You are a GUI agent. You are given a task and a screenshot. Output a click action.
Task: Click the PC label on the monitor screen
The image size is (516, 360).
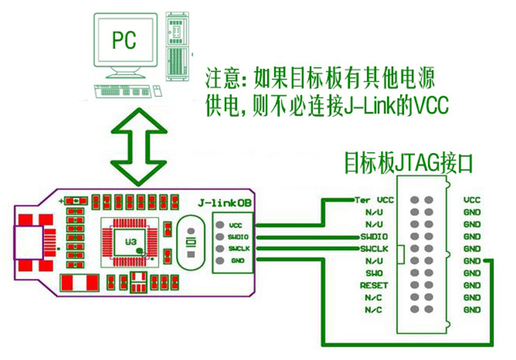pyautogui.click(x=124, y=40)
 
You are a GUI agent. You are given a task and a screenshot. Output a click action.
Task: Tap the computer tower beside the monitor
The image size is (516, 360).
pyautogui.click(x=179, y=45)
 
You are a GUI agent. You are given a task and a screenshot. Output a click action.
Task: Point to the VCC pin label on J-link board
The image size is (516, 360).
pyautogui.click(x=235, y=225)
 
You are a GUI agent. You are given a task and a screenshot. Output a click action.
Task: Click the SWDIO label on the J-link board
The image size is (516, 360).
pyautogui.click(x=238, y=236)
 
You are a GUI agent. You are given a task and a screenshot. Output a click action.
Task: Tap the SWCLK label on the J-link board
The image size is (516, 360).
pyautogui.click(x=238, y=248)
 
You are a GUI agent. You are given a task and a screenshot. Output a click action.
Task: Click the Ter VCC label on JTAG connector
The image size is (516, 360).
pyautogui.click(x=373, y=200)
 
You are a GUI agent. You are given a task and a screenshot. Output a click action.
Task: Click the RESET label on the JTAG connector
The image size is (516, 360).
pyautogui.click(x=378, y=285)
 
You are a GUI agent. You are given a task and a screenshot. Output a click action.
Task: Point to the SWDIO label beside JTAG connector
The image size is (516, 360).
pyautogui.click(x=378, y=237)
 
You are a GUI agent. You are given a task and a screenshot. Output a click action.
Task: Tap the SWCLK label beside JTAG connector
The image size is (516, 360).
pyautogui.click(x=378, y=249)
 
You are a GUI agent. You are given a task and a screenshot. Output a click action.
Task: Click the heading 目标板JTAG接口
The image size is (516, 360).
pyautogui.click(x=409, y=165)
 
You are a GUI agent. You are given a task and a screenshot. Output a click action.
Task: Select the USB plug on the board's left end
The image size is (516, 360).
pyautogui.click(x=28, y=242)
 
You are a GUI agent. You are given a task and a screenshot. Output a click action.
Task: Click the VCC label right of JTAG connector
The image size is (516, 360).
pyautogui.click(x=472, y=200)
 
